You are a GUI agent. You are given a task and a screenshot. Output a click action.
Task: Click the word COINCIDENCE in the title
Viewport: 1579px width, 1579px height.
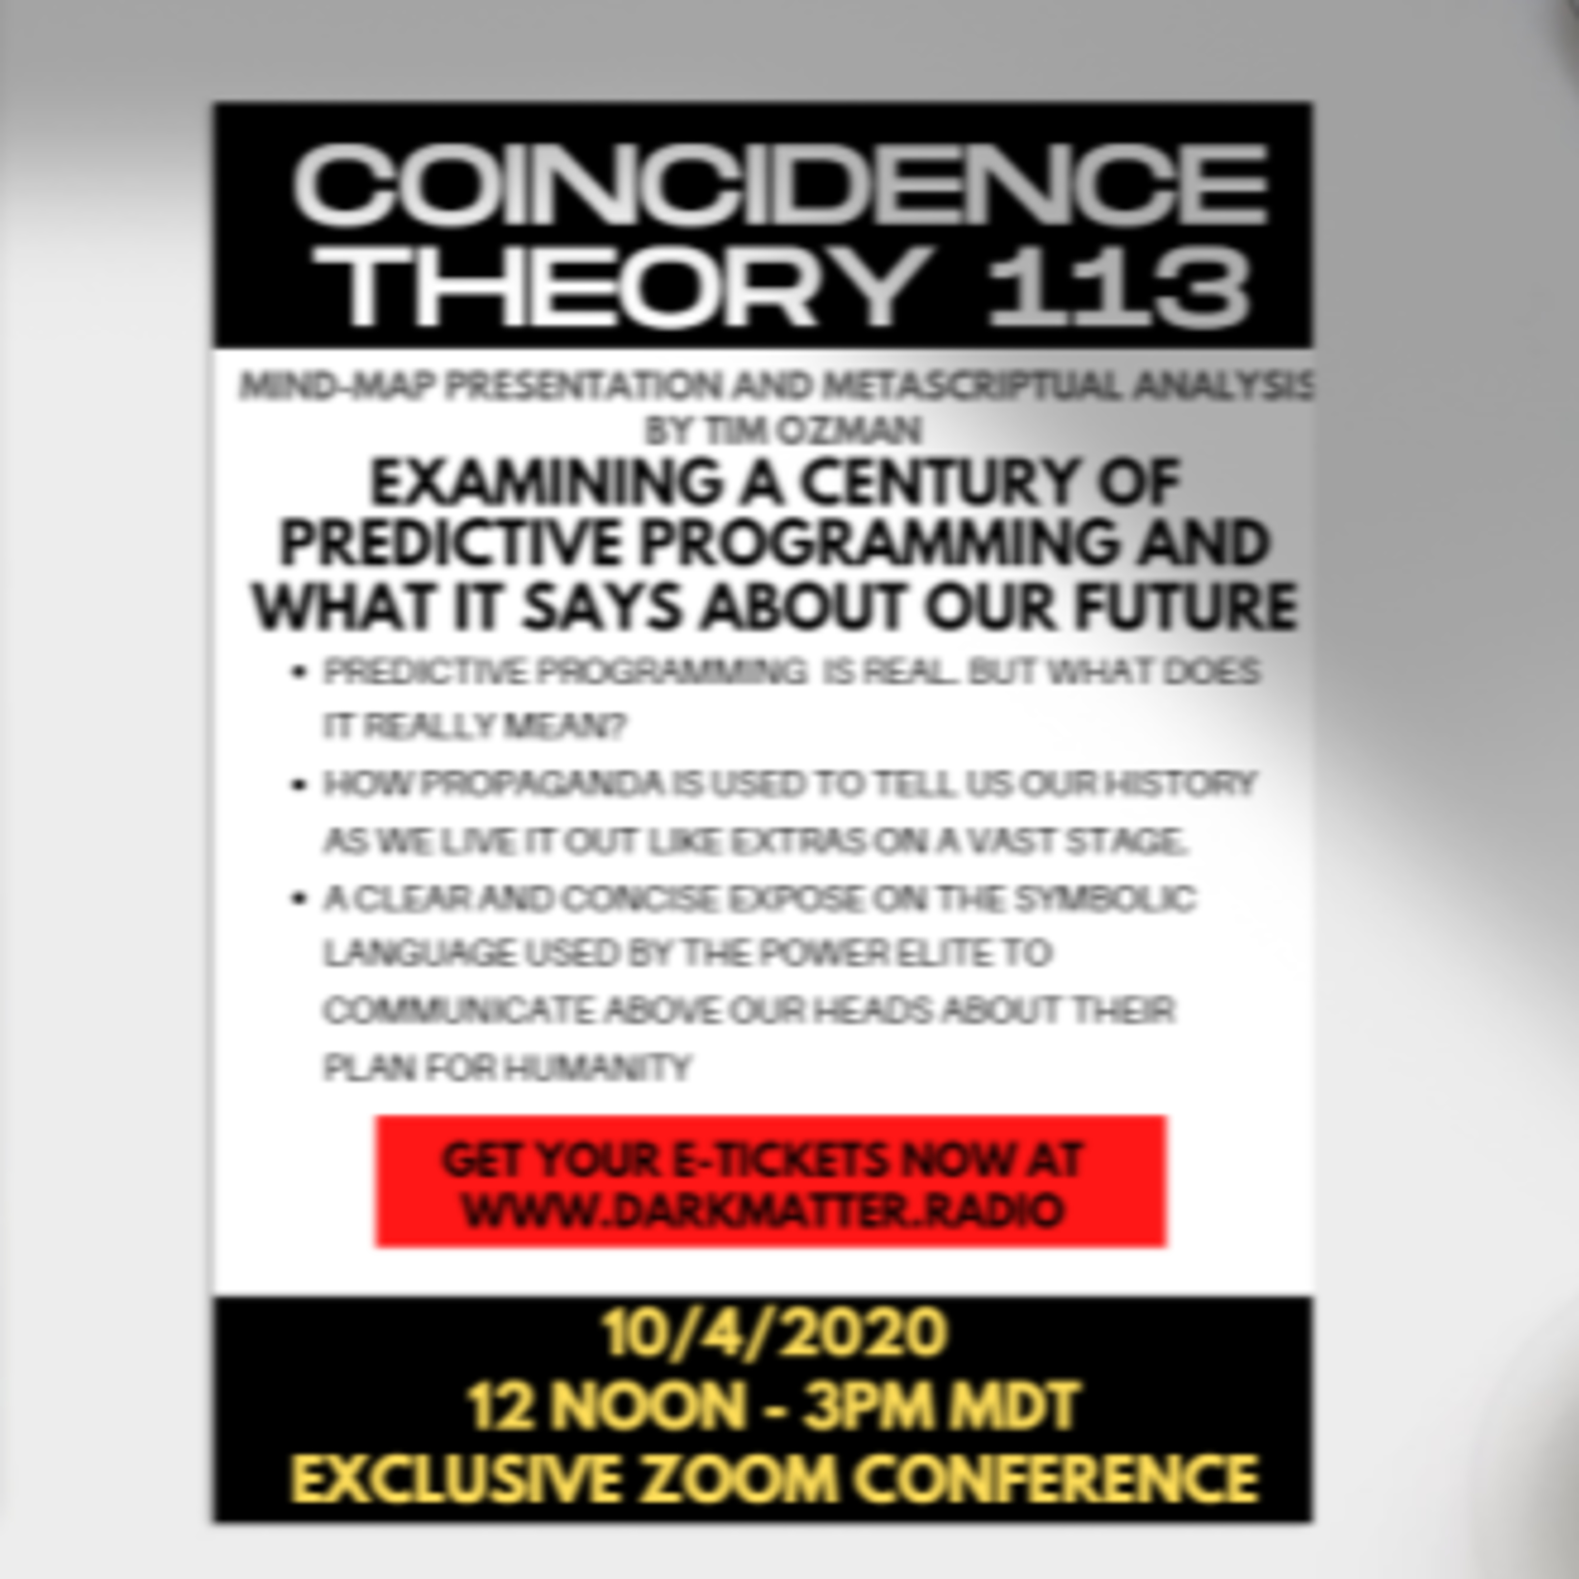pyautogui.click(x=781, y=185)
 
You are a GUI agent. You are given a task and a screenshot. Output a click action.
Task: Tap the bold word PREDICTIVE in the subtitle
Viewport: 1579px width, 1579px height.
pyautogui.click(x=449, y=544)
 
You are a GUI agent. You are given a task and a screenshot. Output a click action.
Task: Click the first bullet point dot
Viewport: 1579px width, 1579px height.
pyautogui.click(x=298, y=673)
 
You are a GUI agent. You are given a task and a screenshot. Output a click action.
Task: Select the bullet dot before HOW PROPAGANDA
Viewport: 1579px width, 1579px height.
pyautogui.click(x=298, y=785)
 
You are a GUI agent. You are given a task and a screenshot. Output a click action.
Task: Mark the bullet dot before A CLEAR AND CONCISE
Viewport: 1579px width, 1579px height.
pyautogui.click(x=298, y=899)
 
